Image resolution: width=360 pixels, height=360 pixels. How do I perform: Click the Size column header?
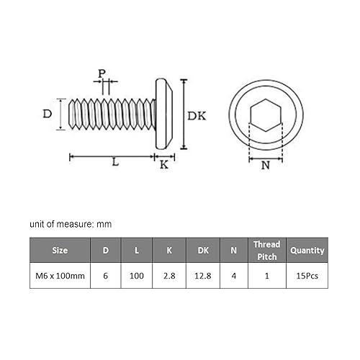tap(60, 251)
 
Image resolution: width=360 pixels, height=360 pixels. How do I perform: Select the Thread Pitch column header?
tap(266, 251)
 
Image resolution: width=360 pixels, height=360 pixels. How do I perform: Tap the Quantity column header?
tap(307, 251)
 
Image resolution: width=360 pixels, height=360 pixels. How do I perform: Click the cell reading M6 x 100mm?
tap(60, 275)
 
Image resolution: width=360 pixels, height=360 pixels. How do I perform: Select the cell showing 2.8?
tap(168, 275)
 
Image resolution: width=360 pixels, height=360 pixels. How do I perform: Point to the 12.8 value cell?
tap(202, 275)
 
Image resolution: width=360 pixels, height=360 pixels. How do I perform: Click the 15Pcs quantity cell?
tap(307, 275)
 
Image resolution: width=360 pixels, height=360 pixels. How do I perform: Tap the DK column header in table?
tap(202, 251)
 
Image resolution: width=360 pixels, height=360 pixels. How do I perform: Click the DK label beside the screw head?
tap(197, 115)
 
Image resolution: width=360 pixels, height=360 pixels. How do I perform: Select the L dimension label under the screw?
tap(115, 163)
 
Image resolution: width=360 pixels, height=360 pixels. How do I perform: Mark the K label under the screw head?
tap(163, 164)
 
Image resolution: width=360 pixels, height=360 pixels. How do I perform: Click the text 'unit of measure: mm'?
tap(71, 224)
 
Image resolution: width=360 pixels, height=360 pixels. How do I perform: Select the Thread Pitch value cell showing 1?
tap(266, 275)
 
